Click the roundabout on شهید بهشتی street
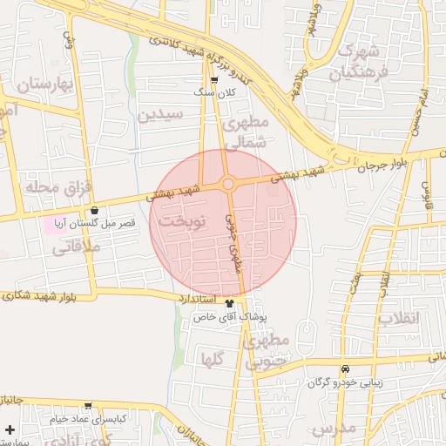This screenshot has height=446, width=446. [228, 183]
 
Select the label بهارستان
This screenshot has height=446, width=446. [37, 85]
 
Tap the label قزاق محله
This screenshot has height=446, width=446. [40, 187]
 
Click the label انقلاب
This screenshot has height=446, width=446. [399, 317]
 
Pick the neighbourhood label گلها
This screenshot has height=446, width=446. [213, 358]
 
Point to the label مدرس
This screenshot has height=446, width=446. [333, 428]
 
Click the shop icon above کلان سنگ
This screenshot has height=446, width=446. [214, 80]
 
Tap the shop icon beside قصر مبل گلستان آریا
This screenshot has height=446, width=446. [94, 210]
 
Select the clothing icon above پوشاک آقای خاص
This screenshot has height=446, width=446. [230, 304]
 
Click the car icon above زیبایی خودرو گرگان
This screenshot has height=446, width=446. [346, 369]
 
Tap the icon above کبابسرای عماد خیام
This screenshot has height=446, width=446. [88, 405]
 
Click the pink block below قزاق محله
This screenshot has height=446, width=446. [53, 223]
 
